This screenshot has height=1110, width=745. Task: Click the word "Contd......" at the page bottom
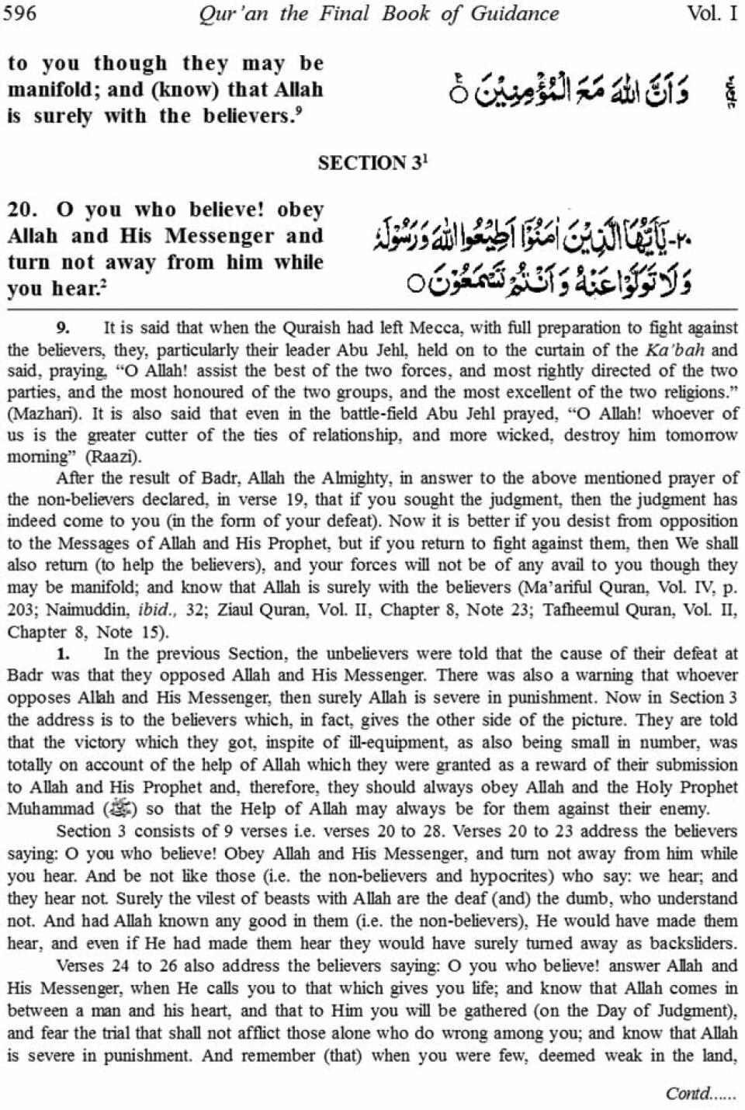click(x=700, y=1093)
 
